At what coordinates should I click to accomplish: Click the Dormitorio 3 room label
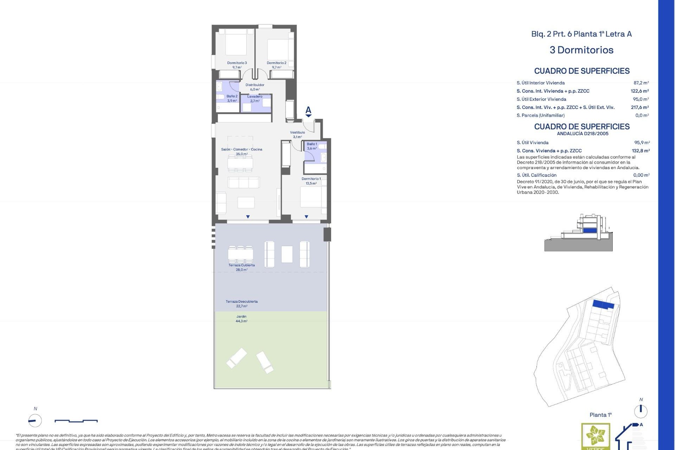click(237, 63)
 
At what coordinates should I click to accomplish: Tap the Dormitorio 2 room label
click(276, 63)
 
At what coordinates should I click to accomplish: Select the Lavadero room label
click(255, 97)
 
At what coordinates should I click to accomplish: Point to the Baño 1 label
click(312, 144)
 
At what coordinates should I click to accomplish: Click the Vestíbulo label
click(297, 133)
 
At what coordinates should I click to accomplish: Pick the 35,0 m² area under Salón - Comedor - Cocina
click(242, 154)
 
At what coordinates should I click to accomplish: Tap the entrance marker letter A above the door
click(308, 110)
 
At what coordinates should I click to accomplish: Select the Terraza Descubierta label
click(242, 302)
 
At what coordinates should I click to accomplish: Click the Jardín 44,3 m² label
click(242, 319)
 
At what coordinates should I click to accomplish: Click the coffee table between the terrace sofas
click(287, 254)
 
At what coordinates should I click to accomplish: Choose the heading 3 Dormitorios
click(581, 50)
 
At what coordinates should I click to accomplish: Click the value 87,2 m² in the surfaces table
click(641, 83)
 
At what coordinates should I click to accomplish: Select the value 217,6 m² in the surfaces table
click(639, 107)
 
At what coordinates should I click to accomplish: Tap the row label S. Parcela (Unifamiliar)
click(540, 115)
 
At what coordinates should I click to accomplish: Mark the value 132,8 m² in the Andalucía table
click(641, 151)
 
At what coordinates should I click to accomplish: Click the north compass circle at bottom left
click(35, 420)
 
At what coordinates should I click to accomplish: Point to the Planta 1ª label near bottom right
click(600, 415)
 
